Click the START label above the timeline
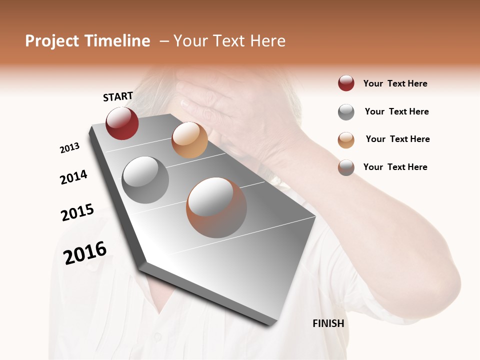point(118,96)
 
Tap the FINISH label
point(328,323)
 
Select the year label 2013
point(69,148)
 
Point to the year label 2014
point(73,177)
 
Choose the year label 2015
point(77,212)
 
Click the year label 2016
point(85,252)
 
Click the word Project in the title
point(52,41)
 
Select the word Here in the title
point(267,41)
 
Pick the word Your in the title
point(190,41)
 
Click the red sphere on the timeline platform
point(122,123)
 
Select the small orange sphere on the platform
point(189,140)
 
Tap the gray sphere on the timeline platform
point(145,179)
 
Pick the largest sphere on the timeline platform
point(216,207)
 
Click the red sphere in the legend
point(346,83)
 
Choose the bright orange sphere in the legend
point(346,140)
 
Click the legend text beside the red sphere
point(395,83)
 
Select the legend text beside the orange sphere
point(397,139)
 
